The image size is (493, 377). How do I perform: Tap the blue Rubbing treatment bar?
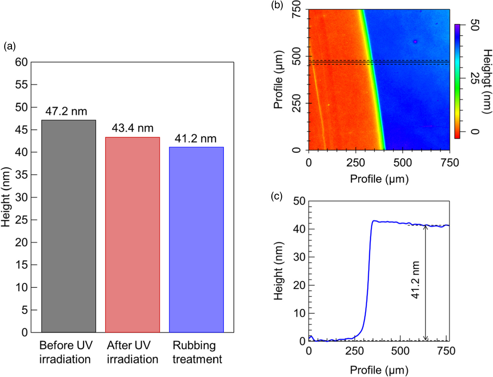(x=196, y=239)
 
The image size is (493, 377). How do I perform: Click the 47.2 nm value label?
(x=66, y=111)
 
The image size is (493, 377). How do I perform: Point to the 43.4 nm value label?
(x=132, y=128)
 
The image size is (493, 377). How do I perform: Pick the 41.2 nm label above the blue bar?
(x=195, y=139)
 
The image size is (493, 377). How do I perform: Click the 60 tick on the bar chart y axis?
(x=21, y=62)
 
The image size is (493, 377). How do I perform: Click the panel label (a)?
(x=9, y=47)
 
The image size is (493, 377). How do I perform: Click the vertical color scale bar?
(x=457, y=81)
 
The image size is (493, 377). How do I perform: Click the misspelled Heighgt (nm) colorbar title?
(x=487, y=81)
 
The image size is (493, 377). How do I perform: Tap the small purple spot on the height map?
(x=415, y=42)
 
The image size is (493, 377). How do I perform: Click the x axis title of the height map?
(x=379, y=179)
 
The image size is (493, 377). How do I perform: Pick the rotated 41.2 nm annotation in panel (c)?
(x=416, y=280)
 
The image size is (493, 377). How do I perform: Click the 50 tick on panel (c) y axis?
(x=299, y=201)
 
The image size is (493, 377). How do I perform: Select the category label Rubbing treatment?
(x=197, y=352)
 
